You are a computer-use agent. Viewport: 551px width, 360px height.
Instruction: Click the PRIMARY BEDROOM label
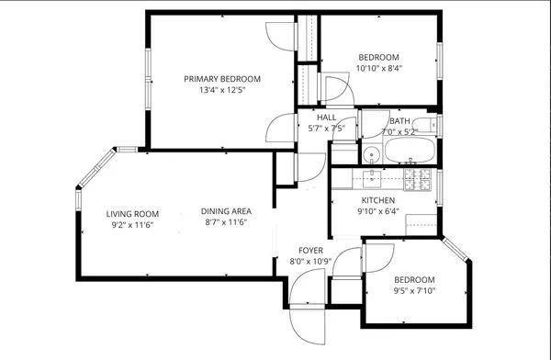221,79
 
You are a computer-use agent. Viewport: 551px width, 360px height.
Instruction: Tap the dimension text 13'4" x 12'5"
221,90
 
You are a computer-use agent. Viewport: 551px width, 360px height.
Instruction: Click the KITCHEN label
377,200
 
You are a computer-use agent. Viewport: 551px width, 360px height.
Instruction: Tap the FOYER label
309,250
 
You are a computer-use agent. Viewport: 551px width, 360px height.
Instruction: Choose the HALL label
326,118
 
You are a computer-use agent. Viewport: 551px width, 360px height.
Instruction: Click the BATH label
399,120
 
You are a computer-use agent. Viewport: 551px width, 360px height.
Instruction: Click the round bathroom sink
371,154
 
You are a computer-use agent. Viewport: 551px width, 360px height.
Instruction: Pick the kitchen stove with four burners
419,180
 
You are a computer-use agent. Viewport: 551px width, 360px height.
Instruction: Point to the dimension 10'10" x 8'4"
379,68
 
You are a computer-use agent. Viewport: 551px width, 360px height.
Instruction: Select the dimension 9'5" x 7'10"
414,291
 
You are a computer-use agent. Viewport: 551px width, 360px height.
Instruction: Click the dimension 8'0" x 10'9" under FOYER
309,261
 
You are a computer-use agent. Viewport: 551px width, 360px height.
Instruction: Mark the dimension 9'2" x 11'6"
130,224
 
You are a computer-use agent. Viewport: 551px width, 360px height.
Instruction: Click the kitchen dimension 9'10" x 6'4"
377,211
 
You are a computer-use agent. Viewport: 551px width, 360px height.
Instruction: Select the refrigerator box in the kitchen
422,221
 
